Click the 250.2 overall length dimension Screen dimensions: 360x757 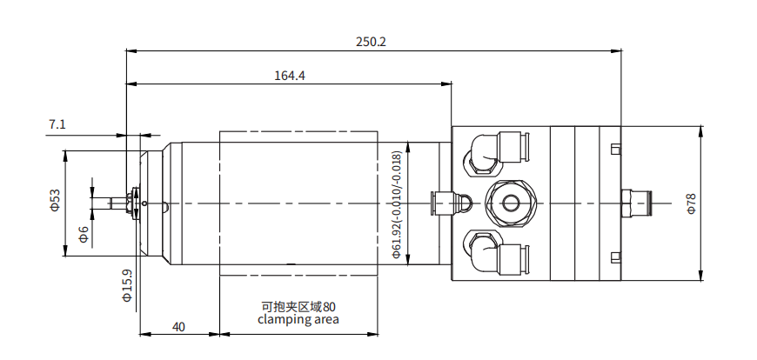point(371,41)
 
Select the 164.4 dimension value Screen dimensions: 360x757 point(290,76)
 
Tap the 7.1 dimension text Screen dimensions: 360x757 point(57,125)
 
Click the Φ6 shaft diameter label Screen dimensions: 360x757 point(84,234)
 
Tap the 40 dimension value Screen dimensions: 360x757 point(178,327)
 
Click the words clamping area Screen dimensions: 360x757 point(298,319)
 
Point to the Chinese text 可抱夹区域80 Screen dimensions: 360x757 point(298,306)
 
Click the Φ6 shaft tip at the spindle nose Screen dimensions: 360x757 point(111,203)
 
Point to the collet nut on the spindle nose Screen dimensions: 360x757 point(133,203)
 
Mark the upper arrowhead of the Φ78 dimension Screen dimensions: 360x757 point(702,130)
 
